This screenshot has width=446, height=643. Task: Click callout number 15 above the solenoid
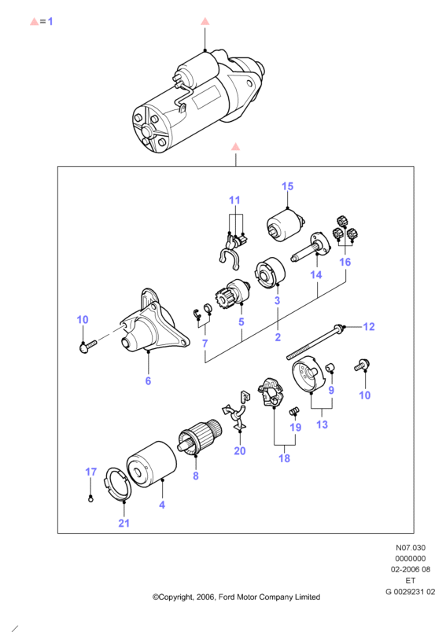287,186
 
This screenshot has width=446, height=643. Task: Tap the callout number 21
124,524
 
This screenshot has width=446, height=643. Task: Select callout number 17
90,472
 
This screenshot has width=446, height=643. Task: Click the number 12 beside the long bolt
369,326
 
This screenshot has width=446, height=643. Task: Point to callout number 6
148,381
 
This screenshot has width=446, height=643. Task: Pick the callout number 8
196,476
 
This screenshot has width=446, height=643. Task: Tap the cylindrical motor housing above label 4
151,465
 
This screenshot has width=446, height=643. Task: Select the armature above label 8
201,438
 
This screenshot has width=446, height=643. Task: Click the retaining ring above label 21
118,484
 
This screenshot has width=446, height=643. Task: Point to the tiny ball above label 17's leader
90,499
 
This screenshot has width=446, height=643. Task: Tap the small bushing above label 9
331,367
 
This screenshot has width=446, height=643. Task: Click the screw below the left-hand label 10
87,347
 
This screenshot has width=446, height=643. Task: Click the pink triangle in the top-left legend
35,21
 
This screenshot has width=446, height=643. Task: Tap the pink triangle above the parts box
235,146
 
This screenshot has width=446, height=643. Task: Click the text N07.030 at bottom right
411,547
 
